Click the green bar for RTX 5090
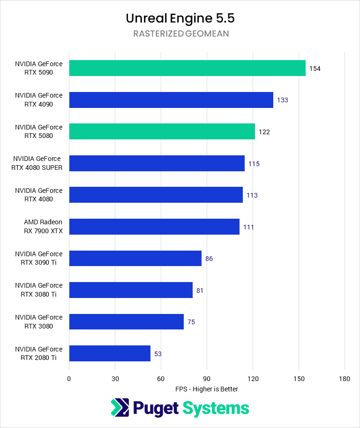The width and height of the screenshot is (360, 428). [187, 68]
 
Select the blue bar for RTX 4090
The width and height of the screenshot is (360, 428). [171, 100]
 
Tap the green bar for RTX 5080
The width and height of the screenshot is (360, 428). [162, 131]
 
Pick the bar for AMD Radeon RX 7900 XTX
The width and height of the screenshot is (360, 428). [154, 227]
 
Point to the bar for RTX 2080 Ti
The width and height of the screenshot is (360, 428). [110, 353]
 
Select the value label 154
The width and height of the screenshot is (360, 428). [315, 69]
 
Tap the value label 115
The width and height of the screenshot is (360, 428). [254, 164]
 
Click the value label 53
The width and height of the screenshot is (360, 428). [158, 354]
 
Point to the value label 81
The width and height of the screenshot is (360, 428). [200, 290]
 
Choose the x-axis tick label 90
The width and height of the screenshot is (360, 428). [207, 379]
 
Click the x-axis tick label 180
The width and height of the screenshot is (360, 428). [345, 379]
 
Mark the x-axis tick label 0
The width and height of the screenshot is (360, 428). [69, 379]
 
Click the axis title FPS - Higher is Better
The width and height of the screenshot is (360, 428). [207, 389]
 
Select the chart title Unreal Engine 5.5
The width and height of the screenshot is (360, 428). [180, 18]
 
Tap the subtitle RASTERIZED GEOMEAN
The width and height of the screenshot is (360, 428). [180, 34]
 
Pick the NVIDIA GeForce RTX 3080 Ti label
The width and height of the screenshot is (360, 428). [38, 290]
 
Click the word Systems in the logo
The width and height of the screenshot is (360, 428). [216, 408]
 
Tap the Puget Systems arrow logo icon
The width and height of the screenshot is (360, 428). [120, 407]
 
